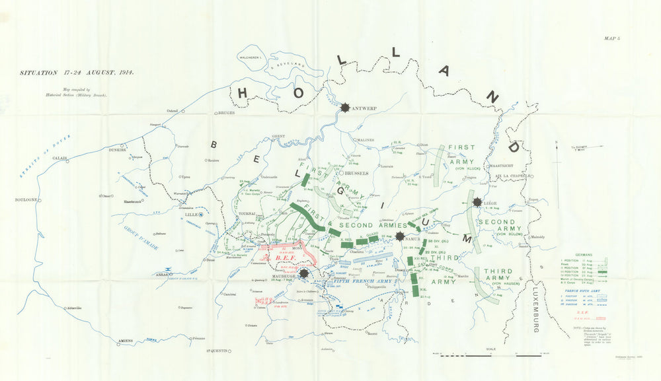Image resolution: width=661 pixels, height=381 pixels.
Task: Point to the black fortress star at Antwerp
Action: [346, 108]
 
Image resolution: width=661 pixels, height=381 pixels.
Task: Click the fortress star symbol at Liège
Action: [476, 203]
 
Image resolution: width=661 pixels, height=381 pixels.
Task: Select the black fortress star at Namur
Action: [400, 236]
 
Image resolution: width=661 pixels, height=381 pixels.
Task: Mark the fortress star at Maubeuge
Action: [303, 273]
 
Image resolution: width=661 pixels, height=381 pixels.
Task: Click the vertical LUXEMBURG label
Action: [534, 310]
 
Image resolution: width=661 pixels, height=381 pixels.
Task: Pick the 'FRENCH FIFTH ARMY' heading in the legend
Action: [582, 289]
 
